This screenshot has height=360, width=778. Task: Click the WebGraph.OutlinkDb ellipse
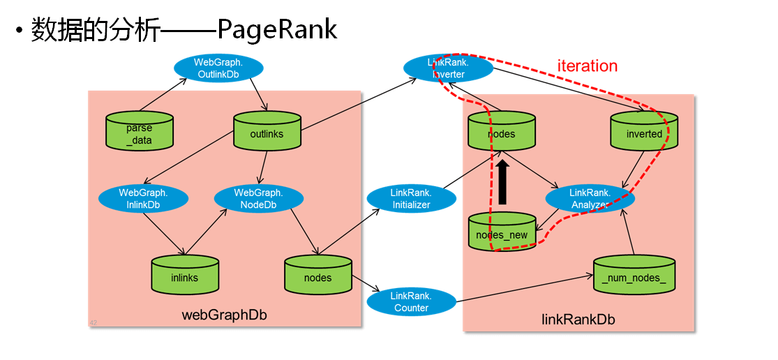[218, 68]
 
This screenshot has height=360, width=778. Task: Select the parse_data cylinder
[139, 132]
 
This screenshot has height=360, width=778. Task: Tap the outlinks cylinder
[267, 132]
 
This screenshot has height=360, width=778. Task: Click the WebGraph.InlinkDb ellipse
[144, 198]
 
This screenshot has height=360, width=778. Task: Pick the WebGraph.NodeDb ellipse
[258, 198]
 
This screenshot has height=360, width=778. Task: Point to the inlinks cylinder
[184, 276]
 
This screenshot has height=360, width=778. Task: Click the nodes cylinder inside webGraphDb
[317, 276]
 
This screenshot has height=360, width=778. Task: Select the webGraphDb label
[224, 315]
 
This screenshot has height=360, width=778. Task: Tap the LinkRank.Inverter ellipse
[449, 68]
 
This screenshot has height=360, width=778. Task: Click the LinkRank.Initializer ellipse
[412, 198]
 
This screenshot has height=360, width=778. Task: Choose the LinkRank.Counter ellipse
[411, 301]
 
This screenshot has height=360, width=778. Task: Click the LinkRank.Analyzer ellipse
[590, 199]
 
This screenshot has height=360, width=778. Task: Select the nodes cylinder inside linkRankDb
[501, 132]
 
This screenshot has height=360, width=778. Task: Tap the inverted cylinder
[643, 132]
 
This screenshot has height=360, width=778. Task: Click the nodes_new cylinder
[502, 233]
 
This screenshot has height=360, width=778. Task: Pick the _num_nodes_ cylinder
[634, 276]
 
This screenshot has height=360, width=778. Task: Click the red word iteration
[587, 66]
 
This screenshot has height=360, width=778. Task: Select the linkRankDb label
[578, 320]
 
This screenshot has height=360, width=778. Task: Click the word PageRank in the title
[277, 29]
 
